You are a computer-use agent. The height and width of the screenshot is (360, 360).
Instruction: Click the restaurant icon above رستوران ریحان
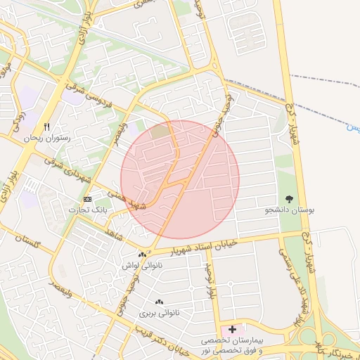[x=47, y=127]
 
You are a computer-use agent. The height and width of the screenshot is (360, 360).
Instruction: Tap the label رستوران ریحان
[x=47, y=139]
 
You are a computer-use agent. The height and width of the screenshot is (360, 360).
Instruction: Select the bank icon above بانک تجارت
[x=87, y=200]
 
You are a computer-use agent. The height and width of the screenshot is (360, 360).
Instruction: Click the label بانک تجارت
[x=88, y=210]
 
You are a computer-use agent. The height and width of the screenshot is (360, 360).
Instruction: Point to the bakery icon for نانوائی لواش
[x=142, y=255]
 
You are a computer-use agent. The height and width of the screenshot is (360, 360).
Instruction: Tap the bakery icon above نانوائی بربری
[x=158, y=302]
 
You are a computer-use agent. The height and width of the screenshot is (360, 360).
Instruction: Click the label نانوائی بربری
[x=159, y=312]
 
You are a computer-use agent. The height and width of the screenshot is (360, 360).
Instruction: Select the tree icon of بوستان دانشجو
[x=290, y=199]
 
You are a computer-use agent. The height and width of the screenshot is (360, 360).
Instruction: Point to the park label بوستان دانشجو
[x=290, y=210]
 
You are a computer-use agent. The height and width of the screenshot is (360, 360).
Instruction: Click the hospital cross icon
[x=233, y=329]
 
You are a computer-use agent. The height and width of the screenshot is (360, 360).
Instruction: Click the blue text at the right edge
[x=356, y=127]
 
